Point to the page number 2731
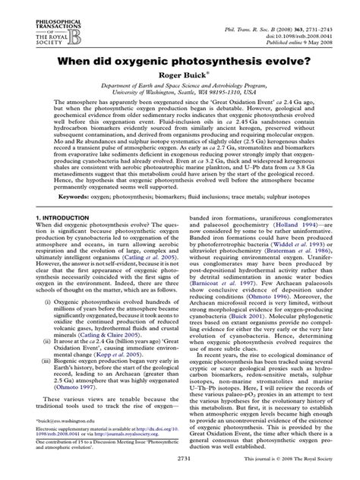(x=178, y=471)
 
